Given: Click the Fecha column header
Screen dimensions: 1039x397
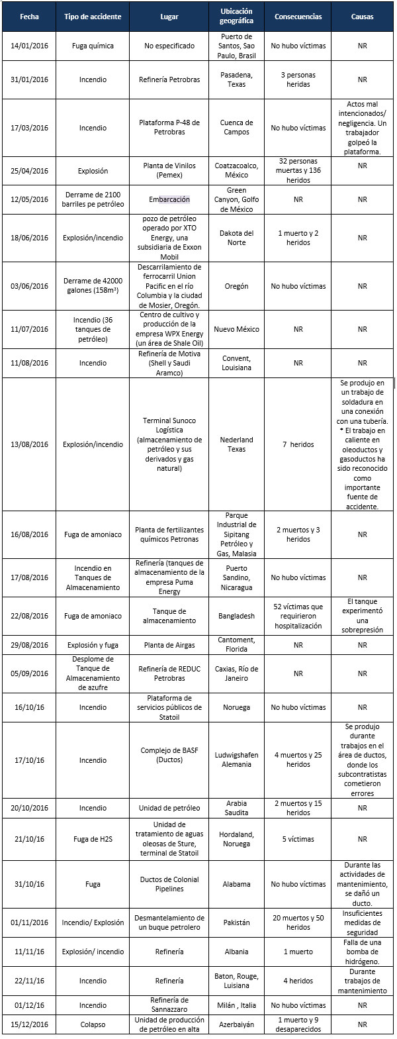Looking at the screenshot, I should click(29, 17).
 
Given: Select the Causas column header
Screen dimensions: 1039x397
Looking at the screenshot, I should click(362, 17).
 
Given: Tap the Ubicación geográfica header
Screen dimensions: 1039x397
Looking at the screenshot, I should click(236, 17).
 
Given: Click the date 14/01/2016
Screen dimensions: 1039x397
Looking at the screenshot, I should click(29, 46).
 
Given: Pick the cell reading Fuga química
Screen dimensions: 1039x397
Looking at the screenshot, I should click(93, 46).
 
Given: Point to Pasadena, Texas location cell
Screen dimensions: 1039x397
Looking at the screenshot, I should click(236, 79).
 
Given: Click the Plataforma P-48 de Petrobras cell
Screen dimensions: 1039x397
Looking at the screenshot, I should click(169, 127).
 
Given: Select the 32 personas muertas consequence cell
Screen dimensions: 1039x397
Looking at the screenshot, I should click(298, 170).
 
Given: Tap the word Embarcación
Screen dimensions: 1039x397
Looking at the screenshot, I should click(169, 199).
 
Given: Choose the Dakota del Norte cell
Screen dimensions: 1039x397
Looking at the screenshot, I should click(236, 238).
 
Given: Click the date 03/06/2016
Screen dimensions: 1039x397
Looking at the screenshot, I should click(29, 286).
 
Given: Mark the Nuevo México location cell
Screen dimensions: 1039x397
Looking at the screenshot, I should click(236, 329).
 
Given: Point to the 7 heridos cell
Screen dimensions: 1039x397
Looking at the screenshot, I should click(298, 444).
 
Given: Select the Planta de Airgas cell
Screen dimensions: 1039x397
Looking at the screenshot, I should click(169, 644).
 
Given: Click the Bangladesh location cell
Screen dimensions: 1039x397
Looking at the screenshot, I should click(236, 616).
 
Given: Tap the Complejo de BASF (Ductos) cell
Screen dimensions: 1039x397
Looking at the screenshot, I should click(169, 760).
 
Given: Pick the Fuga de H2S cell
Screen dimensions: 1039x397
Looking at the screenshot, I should click(93, 839).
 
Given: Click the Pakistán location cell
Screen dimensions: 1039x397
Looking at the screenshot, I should click(236, 922).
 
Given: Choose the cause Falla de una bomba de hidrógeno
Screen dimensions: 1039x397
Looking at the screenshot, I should click(362, 952).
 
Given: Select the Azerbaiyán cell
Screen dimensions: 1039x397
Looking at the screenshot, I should click(236, 1024).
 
